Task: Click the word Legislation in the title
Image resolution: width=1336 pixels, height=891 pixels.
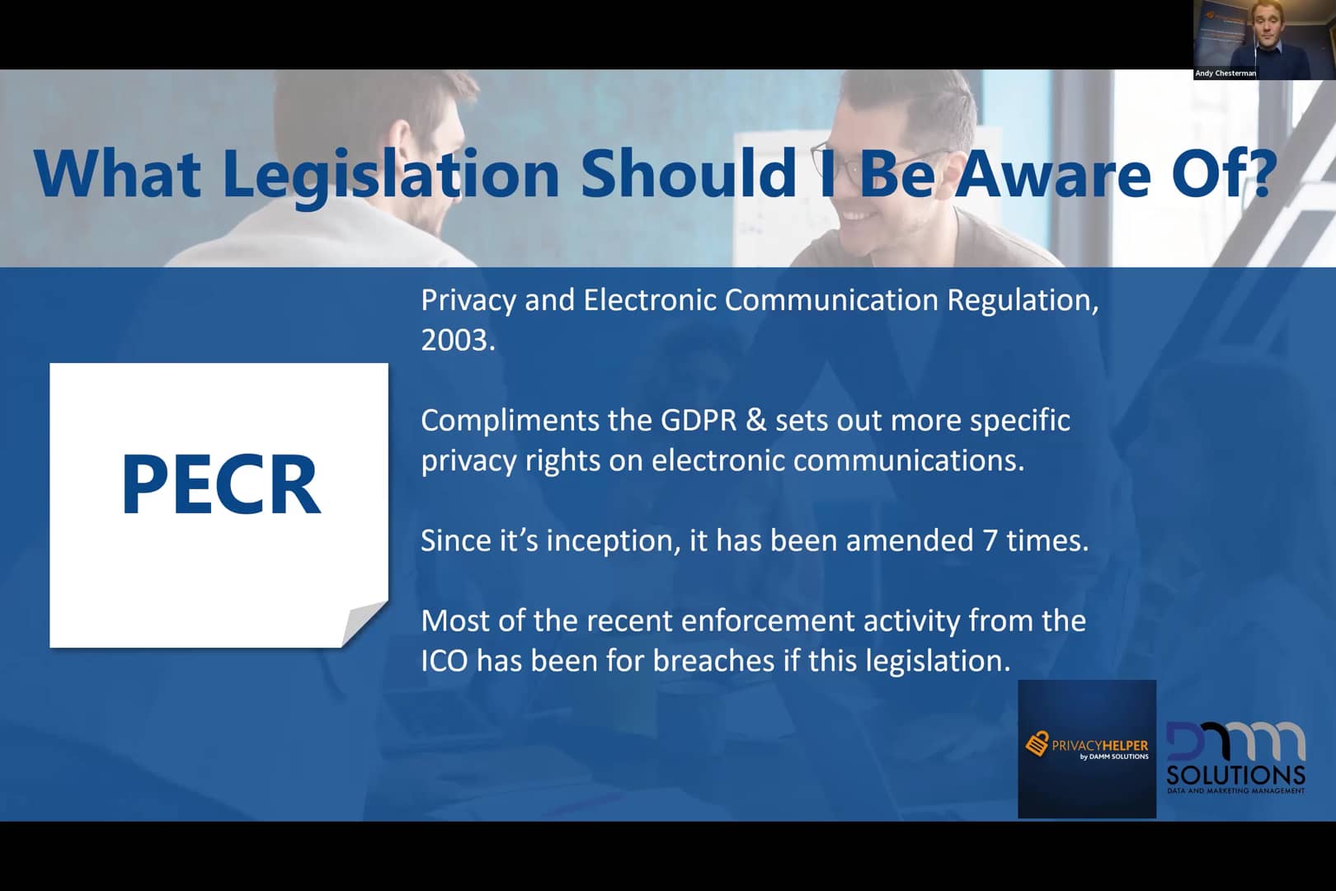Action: tap(391, 176)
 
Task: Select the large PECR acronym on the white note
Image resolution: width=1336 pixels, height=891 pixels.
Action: tap(221, 483)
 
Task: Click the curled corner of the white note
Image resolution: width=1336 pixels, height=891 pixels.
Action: tap(364, 624)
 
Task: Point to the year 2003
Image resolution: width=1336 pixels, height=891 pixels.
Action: tap(458, 340)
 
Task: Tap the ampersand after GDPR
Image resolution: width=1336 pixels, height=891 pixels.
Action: tap(756, 420)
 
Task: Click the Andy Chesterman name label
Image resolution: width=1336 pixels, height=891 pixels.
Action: tap(1225, 73)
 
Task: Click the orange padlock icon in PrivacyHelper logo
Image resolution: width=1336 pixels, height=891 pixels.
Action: tap(1037, 743)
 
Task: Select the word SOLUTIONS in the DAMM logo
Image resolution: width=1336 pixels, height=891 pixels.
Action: tap(1235, 775)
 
